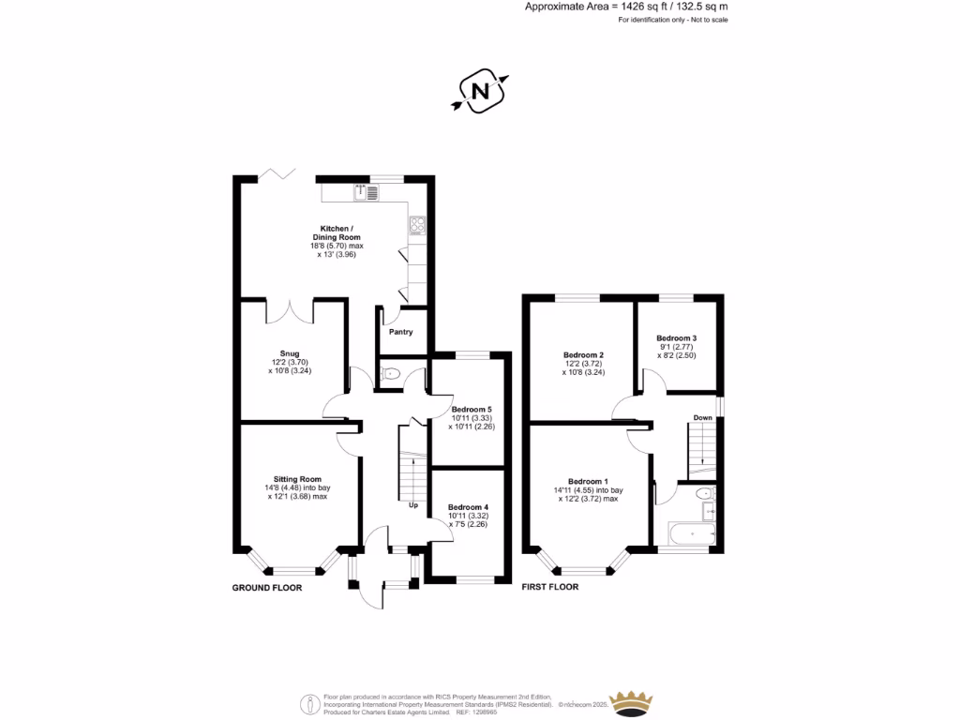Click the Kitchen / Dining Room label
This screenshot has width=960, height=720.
pyautogui.click(x=337, y=233)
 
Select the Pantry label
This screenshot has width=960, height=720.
pyautogui.click(x=401, y=332)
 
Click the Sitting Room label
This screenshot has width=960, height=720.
pyautogui.click(x=297, y=479)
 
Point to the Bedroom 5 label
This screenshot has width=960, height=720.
pyautogui.click(x=471, y=410)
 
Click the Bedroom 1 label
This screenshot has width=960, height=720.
pyautogui.click(x=589, y=482)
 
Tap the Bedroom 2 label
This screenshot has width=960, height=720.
pyautogui.click(x=583, y=355)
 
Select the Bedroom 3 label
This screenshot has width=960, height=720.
pyautogui.click(x=676, y=337)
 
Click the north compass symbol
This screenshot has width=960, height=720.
pyautogui.click(x=481, y=91)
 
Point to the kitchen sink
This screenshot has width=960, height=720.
pyautogui.click(x=367, y=193)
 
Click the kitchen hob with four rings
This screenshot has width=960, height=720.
pyautogui.click(x=416, y=225)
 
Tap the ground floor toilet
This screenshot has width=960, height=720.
pyautogui.click(x=390, y=374)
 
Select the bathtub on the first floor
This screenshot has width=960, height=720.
pyautogui.click(x=690, y=534)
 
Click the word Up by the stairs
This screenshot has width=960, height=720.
pyautogui.click(x=412, y=506)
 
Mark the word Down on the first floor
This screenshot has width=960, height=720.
pyautogui.click(x=703, y=417)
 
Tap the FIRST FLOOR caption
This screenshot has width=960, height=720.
pyautogui.click(x=550, y=588)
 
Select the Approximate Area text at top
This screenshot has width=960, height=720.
pyautogui.click(x=626, y=7)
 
